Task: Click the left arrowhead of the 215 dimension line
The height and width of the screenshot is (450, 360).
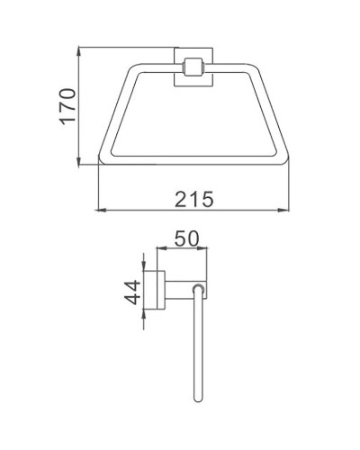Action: tap(100, 212)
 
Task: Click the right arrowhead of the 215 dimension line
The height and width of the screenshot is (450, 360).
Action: tap(290, 212)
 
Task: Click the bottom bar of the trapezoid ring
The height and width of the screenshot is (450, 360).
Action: tap(193, 165)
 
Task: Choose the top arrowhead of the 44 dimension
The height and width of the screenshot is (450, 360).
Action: tap(145, 271)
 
